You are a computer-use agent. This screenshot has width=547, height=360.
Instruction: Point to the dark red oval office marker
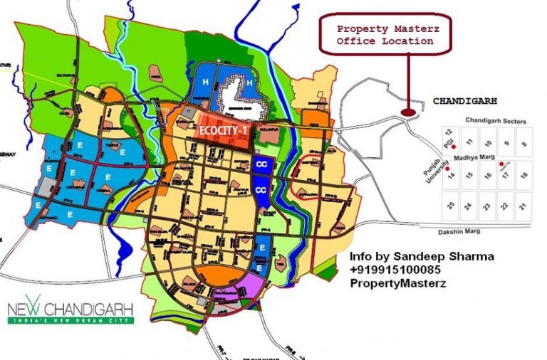click(x=407, y=111)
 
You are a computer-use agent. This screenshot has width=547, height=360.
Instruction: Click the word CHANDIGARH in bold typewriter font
click(x=465, y=101)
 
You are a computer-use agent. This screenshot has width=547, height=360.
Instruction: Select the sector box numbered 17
click(x=506, y=174)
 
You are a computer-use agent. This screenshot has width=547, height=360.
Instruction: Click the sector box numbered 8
click(x=523, y=144)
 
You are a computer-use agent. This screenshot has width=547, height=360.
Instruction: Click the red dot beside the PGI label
click(x=454, y=148)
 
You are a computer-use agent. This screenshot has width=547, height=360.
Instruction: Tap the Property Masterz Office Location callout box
click(x=385, y=35)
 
